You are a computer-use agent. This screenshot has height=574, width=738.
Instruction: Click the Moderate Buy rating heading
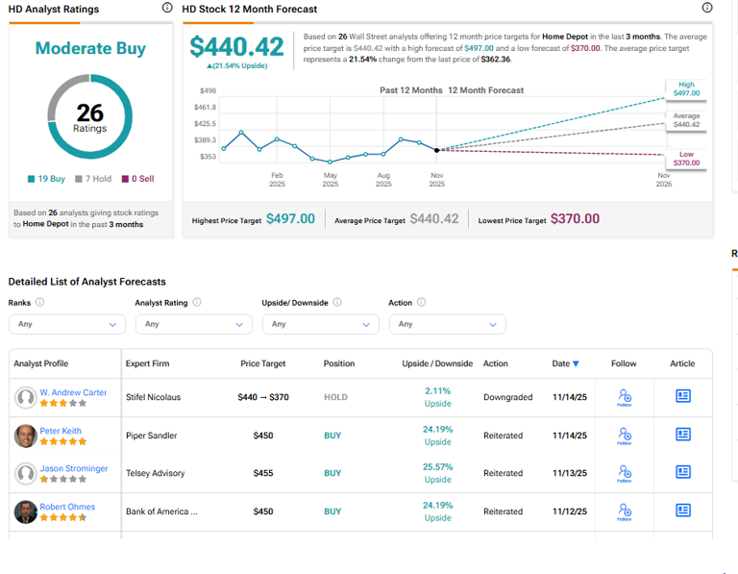[x=90, y=48]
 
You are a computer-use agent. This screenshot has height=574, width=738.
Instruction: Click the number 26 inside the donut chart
[x=90, y=113]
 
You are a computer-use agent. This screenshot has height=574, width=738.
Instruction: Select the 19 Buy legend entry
[x=46, y=179]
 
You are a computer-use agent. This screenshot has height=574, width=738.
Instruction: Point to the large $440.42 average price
[x=236, y=46]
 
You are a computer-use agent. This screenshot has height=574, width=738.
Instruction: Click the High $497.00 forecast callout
[x=686, y=89]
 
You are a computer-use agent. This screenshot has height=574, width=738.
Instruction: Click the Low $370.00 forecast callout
[x=686, y=159]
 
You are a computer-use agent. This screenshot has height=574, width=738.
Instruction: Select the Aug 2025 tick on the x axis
[x=383, y=180]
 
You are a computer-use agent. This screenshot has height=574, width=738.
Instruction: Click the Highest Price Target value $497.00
[x=290, y=219]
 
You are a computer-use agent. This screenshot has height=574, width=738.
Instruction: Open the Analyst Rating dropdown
[x=193, y=324]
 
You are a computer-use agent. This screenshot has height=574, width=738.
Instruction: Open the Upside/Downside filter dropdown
[x=320, y=324]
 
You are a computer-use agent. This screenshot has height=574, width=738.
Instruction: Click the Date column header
[x=565, y=363]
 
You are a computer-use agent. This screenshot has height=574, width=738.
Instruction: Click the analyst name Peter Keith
[x=61, y=430]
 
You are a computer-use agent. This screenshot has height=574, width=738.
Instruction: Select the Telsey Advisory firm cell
[x=155, y=473]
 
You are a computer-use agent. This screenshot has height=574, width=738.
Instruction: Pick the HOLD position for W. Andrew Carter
[x=335, y=397]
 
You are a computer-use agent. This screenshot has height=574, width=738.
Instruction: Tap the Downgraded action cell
[x=507, y=397]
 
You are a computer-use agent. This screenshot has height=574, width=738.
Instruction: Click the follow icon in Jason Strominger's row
[x=625, y=473]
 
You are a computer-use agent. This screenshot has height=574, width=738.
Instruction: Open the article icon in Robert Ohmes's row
[x=683, y=511]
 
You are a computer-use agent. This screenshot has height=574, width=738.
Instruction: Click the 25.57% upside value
[x=437, y=467]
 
